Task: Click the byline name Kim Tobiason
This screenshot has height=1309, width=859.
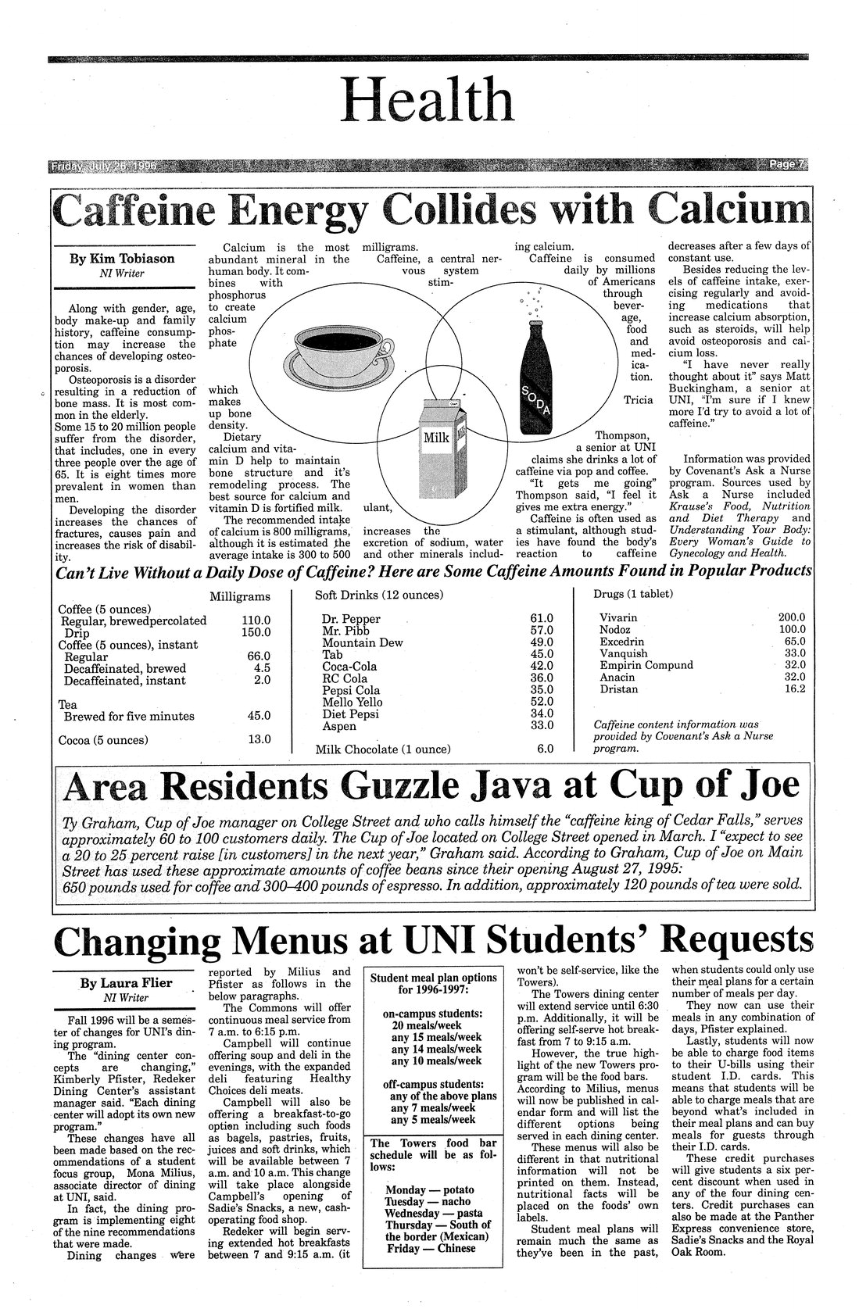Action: pyautogui.click(x=123, y=259)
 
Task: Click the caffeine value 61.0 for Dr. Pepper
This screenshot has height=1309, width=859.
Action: pyautogui.click(x=541, y=619)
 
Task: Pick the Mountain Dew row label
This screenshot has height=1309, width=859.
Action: pyautogui.click(x=363, y=642)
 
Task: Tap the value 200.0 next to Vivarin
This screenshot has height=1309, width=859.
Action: pyautogui.click(x=793, y=617)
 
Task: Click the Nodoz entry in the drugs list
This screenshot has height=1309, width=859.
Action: pyautogui.click(x=615, y=629)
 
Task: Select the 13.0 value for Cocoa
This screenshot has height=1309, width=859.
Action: pyautogui.click(x=259, y=739)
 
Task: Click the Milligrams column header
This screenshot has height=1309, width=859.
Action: pyautogui.click(x=240, y=596)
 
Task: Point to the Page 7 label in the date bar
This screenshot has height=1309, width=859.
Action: pyautogui.click(x=786, y=165)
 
